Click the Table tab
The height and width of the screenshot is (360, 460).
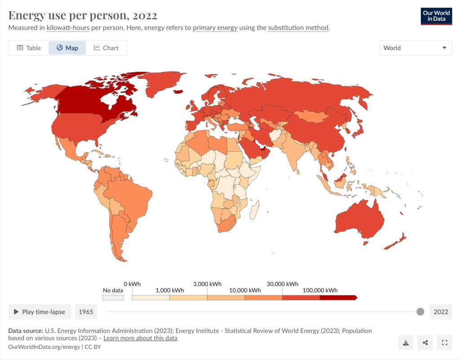point(29,48)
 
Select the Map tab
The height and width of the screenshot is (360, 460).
point(67,48)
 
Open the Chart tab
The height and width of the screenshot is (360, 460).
point(106,48)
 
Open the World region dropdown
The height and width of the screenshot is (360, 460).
point(416,48)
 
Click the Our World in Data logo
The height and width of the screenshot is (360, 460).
point(436,16)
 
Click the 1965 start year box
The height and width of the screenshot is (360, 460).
point(86,312)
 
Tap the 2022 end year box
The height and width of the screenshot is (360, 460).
point(441,312)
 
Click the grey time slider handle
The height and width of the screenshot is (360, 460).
point(420,312)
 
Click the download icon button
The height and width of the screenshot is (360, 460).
point(406,343)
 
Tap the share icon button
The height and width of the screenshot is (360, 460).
point(425,343)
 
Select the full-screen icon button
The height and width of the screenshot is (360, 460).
point(444,343)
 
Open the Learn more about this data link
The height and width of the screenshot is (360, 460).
point(140,338)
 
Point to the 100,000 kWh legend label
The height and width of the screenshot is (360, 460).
point(319,290)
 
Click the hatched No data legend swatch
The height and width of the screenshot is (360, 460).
point(113,297)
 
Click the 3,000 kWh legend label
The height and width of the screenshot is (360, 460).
point(207,284)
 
